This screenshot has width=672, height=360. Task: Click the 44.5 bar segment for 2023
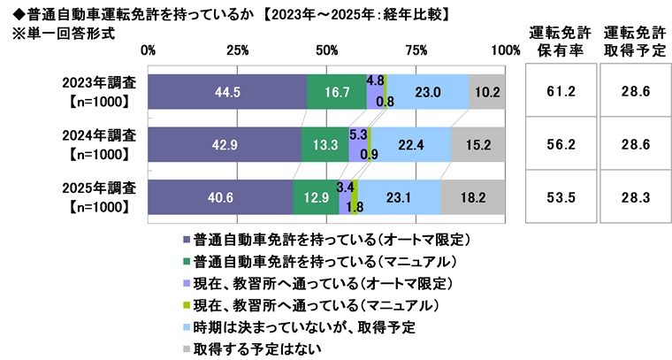click(227, 91)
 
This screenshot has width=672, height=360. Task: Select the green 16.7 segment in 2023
click(337, 91)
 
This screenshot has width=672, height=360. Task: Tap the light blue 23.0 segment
click(429, 91)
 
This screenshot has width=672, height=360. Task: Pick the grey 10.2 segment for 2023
click(487, 91)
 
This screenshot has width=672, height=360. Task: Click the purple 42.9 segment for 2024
click(225, 144)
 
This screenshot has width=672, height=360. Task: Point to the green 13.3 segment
click(325, 144)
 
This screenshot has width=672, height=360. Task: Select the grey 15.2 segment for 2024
click(478, 144)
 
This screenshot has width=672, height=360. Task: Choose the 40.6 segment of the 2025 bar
click(220, 197)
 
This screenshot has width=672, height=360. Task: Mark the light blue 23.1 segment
click(400, 197)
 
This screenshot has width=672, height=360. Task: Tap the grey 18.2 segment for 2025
click(473, 197)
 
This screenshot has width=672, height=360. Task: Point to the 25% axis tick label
click(237, 50)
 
